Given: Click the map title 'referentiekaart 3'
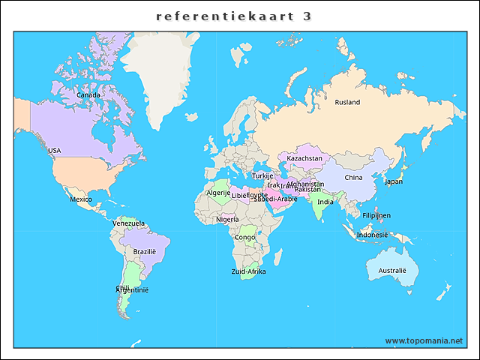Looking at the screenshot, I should [x=234, y=16].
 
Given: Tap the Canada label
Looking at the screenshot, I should [x=88, y=95].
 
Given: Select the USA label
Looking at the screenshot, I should [x=55, y=151].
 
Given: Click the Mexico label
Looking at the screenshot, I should [x=81, y=199].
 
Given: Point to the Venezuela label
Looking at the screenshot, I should [x=128, y=223].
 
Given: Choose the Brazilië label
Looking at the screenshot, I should [x=145, y=252].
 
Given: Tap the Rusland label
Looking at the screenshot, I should [x=347, y=103].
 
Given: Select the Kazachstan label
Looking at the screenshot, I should [x=304, y=159].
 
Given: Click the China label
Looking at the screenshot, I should [x=353, y=178].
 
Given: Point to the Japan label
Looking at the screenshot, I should [x=394, y=181].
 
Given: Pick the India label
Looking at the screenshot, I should [x=325, y=202].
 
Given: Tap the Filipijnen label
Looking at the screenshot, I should [x=376, y=215].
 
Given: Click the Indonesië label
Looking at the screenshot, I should [x=373, y=235].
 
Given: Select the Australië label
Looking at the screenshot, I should [x=392, y=270].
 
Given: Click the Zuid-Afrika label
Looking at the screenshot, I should [x=248, y=271].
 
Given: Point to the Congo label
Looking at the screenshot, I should [x=245, y=238].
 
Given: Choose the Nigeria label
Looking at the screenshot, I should [x=227, y=220].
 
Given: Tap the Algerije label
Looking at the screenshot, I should [x=218, y=193].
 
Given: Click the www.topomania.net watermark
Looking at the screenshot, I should [x=424, y=340].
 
